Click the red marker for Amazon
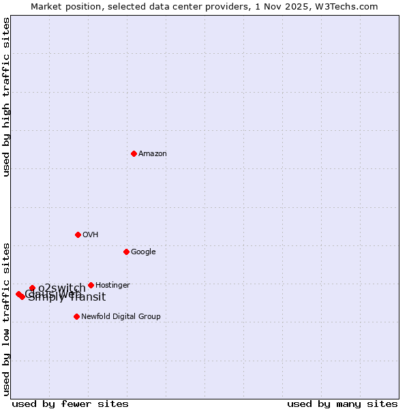[x=134, y=153]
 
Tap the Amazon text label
[x=153, y=154]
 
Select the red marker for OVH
[x=78, y=234]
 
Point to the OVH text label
[x=91, y=235]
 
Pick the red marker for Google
[x=126, y=252]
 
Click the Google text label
[x=143, y=252]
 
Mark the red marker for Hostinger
[x=91, y=285]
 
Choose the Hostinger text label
[x=112, y=286]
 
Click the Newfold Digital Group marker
[x=76, y=316]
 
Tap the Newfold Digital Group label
[x=121, y=317]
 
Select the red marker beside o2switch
[x=32, y=288]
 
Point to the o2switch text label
[x=62, y=288]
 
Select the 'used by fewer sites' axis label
[x=70, y=404]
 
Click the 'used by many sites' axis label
[x=342, y=404]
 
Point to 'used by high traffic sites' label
[x=6, y=97]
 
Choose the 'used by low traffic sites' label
[x=6, y=318]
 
